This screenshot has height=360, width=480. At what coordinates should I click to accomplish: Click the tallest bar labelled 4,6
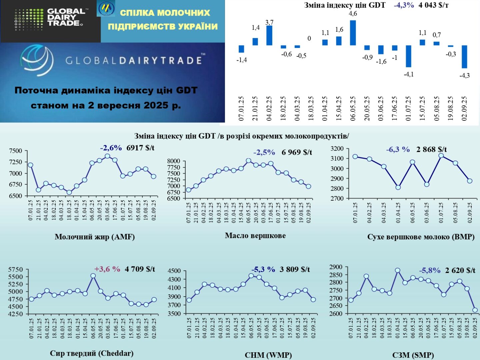point(353,33)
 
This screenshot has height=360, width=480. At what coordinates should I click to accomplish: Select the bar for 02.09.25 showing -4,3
point(464,57)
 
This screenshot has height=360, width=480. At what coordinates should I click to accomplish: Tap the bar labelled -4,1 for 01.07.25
point(409,56)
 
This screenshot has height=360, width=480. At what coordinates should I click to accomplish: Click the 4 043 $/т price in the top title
point(434,5)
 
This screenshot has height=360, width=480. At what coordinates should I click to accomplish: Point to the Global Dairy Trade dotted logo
point(29,20)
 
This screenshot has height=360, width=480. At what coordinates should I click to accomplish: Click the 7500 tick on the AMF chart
point(15,151)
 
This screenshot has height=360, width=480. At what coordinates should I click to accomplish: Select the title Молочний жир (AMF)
point(95,237)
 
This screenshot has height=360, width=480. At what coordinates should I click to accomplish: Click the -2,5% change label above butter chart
point(264,153)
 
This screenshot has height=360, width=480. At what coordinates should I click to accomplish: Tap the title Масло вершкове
point(255,236)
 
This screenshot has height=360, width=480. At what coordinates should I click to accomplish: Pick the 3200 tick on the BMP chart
point(337,149)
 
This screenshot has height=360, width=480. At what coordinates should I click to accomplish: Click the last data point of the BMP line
point(470,181)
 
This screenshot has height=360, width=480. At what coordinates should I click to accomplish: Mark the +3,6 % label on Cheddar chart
point(107,269)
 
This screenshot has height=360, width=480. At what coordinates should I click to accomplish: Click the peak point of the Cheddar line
point(93,276)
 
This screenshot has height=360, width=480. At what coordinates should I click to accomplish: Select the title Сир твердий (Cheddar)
point(92,353)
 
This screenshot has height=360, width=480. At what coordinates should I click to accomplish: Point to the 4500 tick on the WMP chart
point(174,271)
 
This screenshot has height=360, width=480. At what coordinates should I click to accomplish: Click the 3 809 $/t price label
point(295,269)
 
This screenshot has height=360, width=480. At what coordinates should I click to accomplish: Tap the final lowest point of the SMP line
point(475,310)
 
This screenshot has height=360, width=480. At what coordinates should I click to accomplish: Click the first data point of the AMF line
point(30,165)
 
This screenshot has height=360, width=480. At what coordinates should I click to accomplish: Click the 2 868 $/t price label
point(431,149)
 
